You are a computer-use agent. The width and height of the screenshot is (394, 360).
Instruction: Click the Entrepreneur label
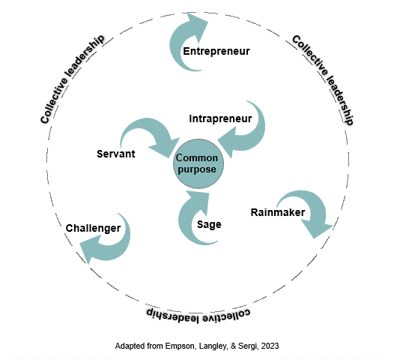[216, 51]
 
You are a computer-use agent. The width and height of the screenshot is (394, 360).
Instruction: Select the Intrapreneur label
[219, 118]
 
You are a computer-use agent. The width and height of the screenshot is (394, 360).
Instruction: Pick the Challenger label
[94, 227]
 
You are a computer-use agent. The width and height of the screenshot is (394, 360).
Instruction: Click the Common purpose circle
[198, 164]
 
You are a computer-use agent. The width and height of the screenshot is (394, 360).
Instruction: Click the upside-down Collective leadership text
[196, 313]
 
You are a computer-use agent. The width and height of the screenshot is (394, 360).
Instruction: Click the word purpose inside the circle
[198, 169]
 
